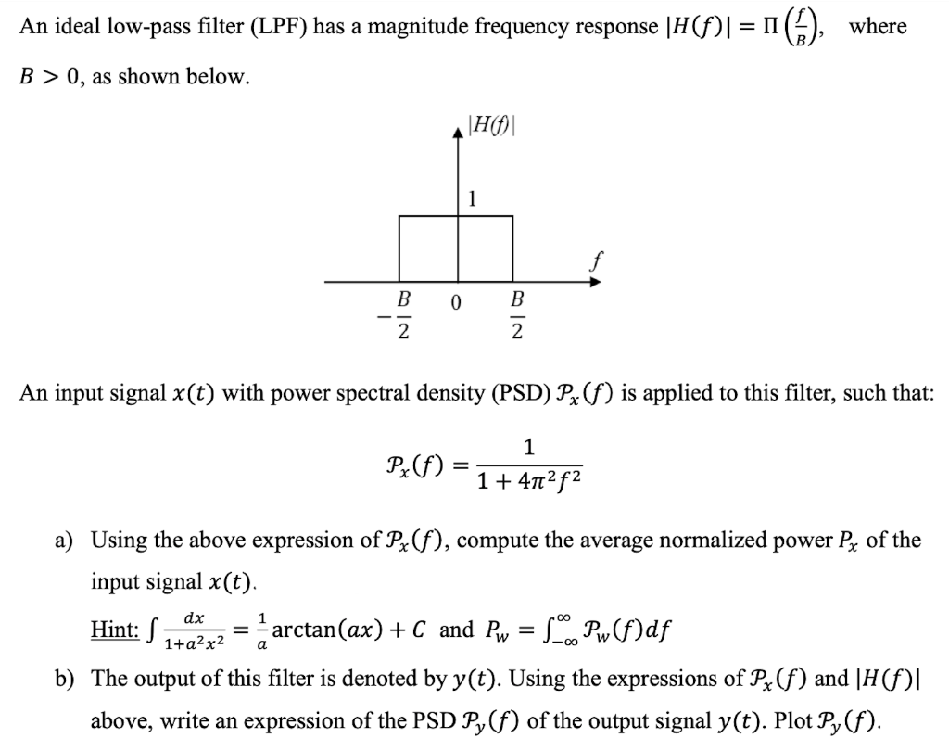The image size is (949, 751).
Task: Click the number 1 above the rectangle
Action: click(x=473, y=197)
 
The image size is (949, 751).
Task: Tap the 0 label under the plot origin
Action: click(x=456, y=302)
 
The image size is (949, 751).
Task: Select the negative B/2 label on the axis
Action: click(x=398, y=316)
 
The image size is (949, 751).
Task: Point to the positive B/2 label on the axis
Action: click(x=517, y=316)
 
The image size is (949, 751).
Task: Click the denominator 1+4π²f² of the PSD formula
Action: click(x=529, y=482)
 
